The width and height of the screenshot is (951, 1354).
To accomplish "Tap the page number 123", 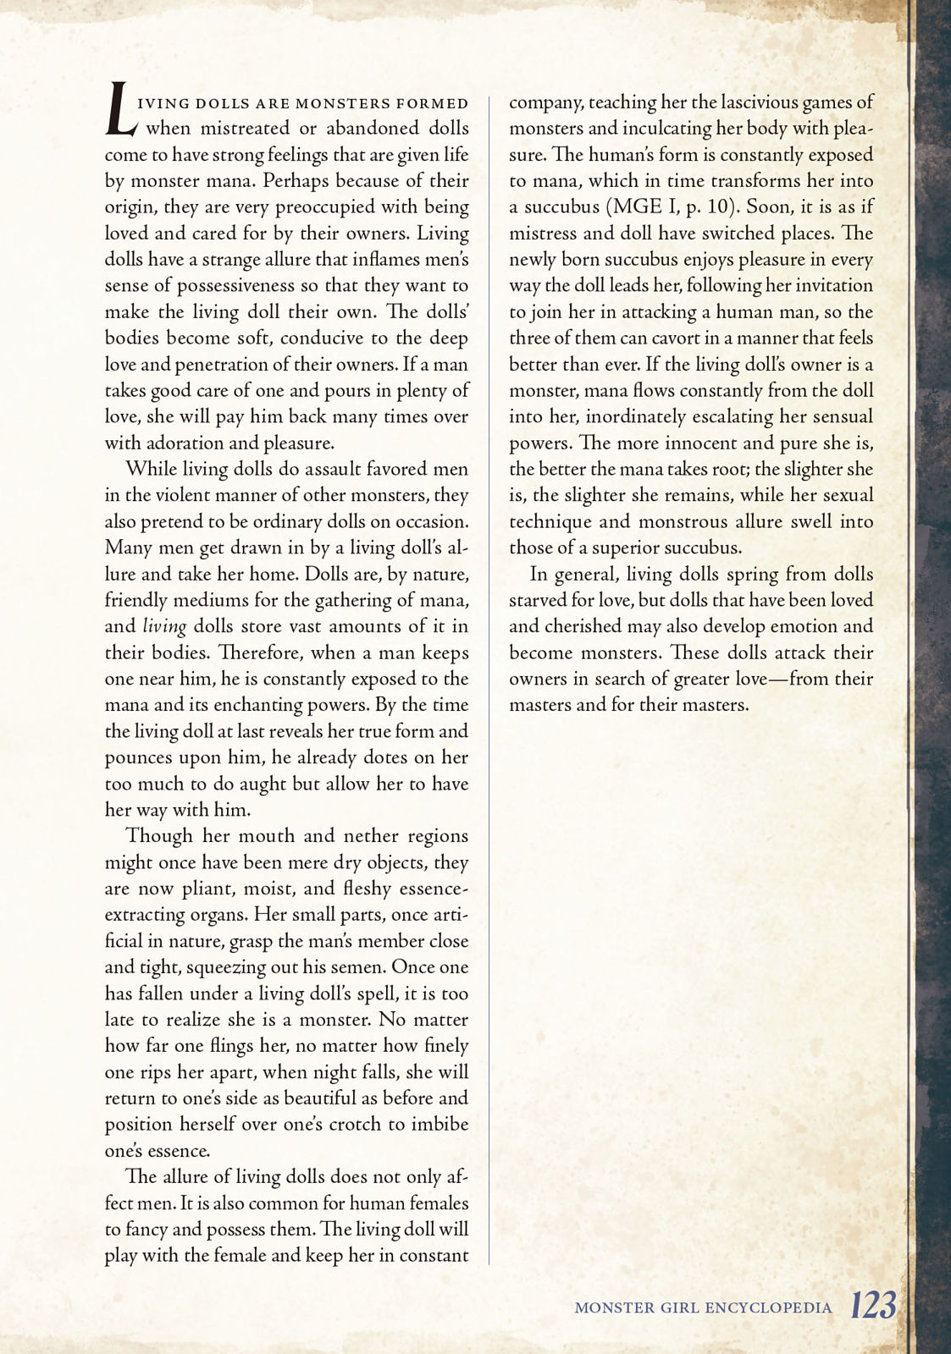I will tap(873, 1306).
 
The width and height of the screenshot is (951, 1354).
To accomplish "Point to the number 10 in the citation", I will tap(719, 207).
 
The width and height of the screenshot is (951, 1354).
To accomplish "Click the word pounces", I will tap(139, 758).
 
